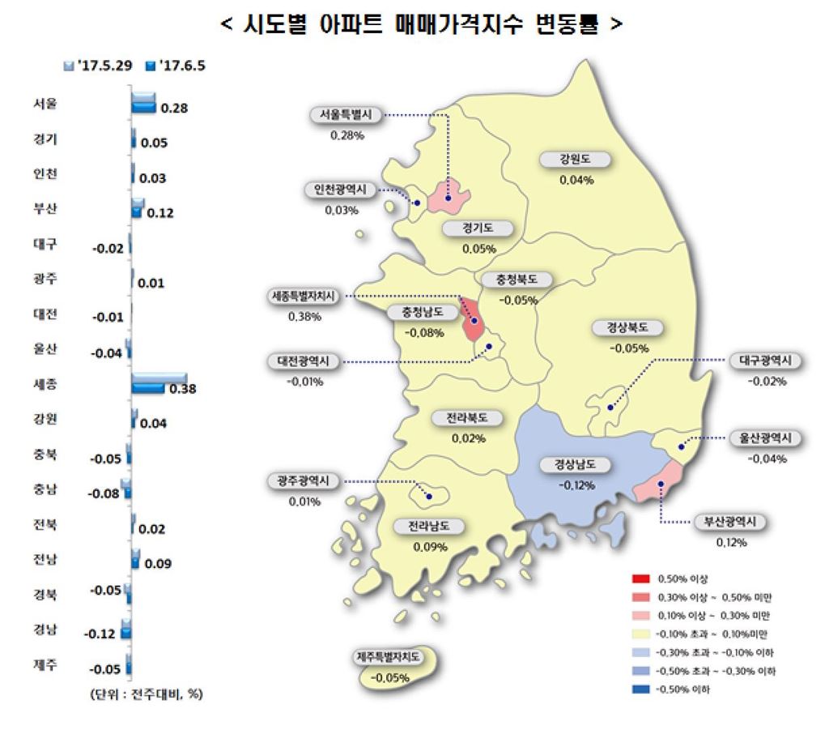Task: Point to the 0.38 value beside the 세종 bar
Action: pyautogui.click(x=182, y=389)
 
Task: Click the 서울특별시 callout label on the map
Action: pyautogui.click(x=345, y=115)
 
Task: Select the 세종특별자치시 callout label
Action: pyautogui.click(x=304, y=297)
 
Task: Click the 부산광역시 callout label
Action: pyautogui.click(x=731, y=522)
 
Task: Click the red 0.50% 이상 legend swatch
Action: pyautogui.click(x=640, y=578)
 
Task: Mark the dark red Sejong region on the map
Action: pyautogui.click(x=472, y=320)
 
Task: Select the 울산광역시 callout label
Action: pyautogui.click(x=764, y=438)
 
